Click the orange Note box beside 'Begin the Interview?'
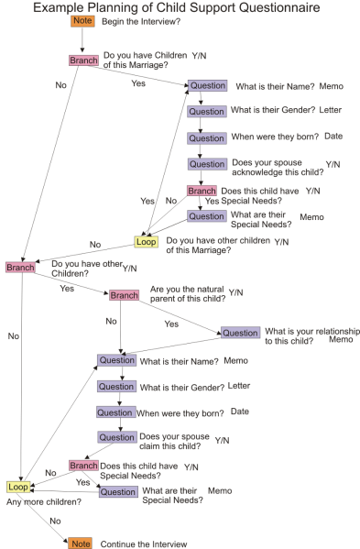click(82, 20)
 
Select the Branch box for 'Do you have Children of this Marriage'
click(83, 60)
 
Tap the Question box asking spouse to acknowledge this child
click(207, 164)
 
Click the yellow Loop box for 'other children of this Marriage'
click(147, 242)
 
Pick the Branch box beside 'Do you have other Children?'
click(19, 267)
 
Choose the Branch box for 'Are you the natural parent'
click(124, 295)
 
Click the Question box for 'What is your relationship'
click(240, 333)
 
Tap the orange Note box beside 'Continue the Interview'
click(82, 544)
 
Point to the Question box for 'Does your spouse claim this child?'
click(117, 437)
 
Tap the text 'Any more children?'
click(34, 502)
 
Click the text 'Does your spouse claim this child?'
click(169, 442)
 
